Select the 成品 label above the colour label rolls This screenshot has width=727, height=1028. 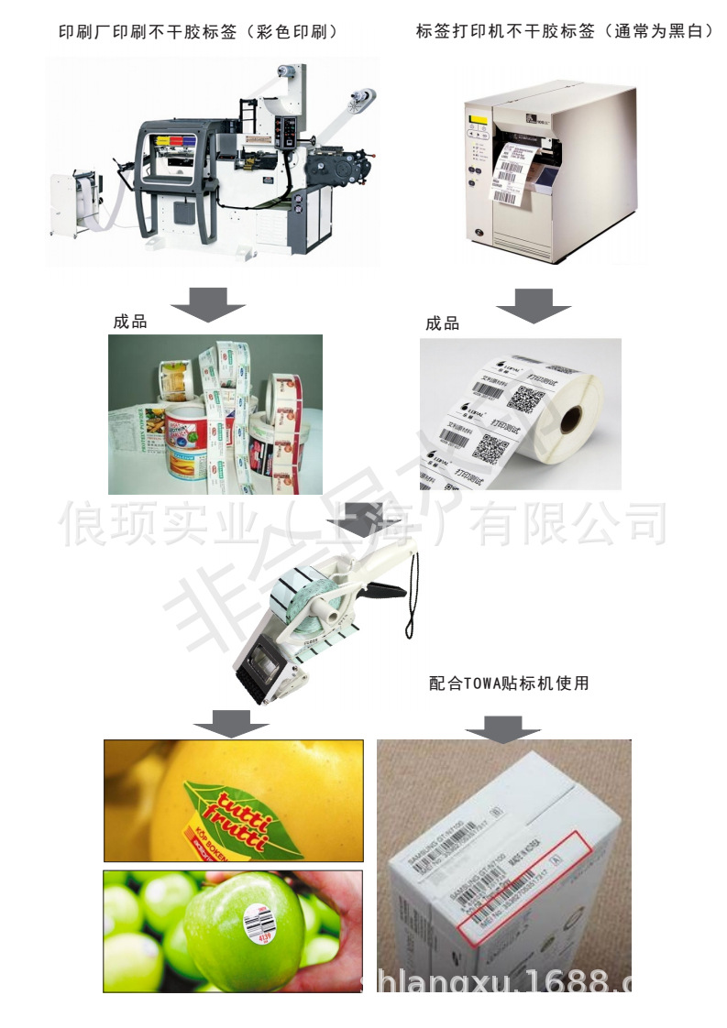pyautogui.click(x=130, y=322)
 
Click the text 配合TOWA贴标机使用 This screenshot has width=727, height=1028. pyautogui.click(x=509, y=683)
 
